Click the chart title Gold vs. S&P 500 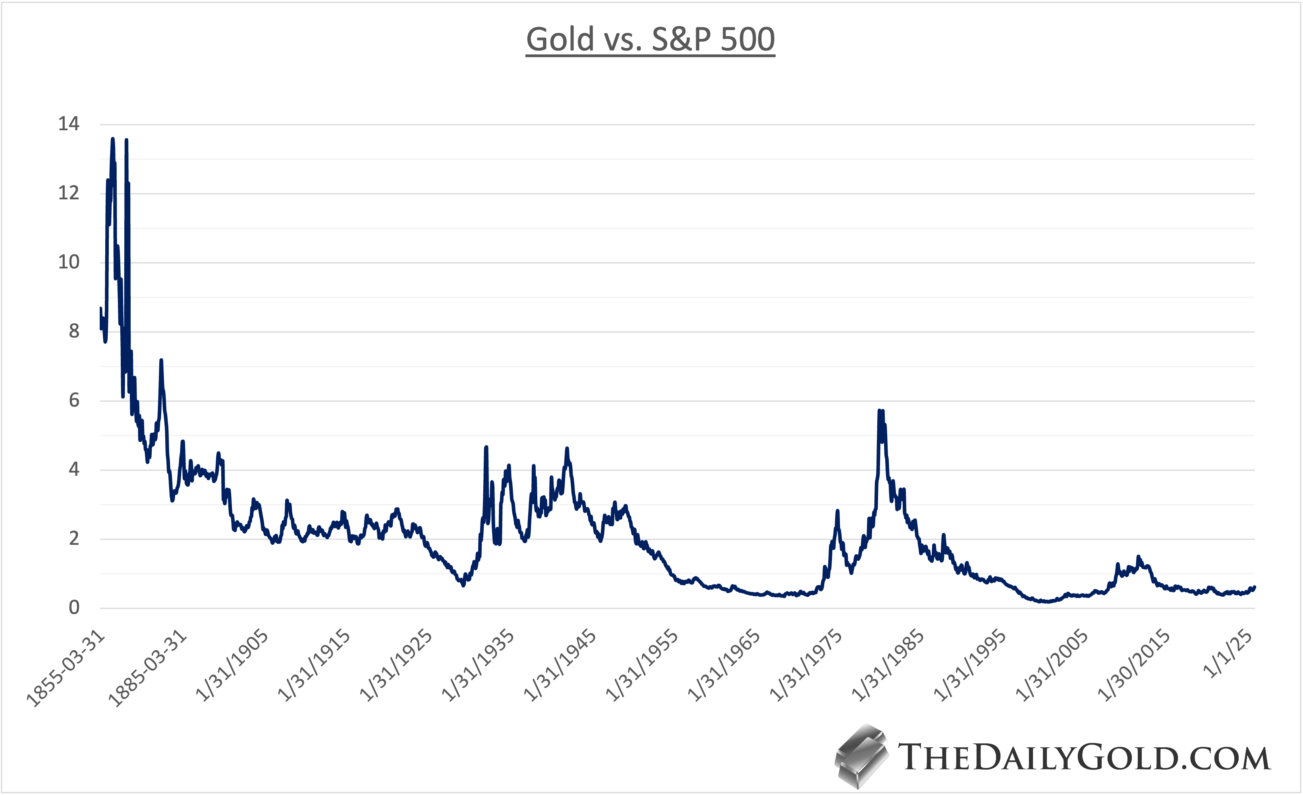(651, 40)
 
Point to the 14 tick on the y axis (69, 124)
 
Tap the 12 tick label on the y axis (69, 193)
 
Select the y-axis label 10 (69, 262)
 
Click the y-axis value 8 (74, 331)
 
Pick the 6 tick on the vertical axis (74, 400)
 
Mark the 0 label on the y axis (74, 608)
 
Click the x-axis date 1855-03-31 (66, 669)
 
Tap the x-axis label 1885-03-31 (148, 669)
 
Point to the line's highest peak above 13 (113, 139)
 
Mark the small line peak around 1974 (837, 511)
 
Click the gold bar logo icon (861, 756)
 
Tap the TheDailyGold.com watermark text (1084, 757)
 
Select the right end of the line (1254, 587)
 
